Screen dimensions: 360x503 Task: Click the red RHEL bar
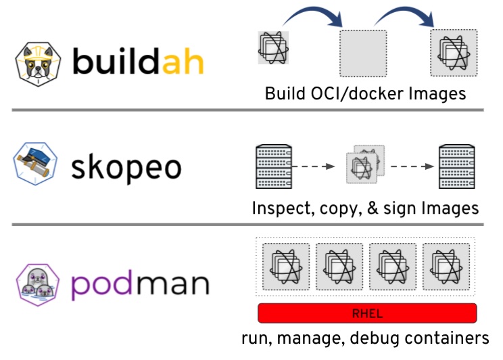coord(367,313)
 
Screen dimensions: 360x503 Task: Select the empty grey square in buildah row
coord(363,53)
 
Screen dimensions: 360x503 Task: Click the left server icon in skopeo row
coord(273,165)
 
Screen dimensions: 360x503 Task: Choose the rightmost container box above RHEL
coord(446,266)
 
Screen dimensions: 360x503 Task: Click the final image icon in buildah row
coord(454,53)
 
